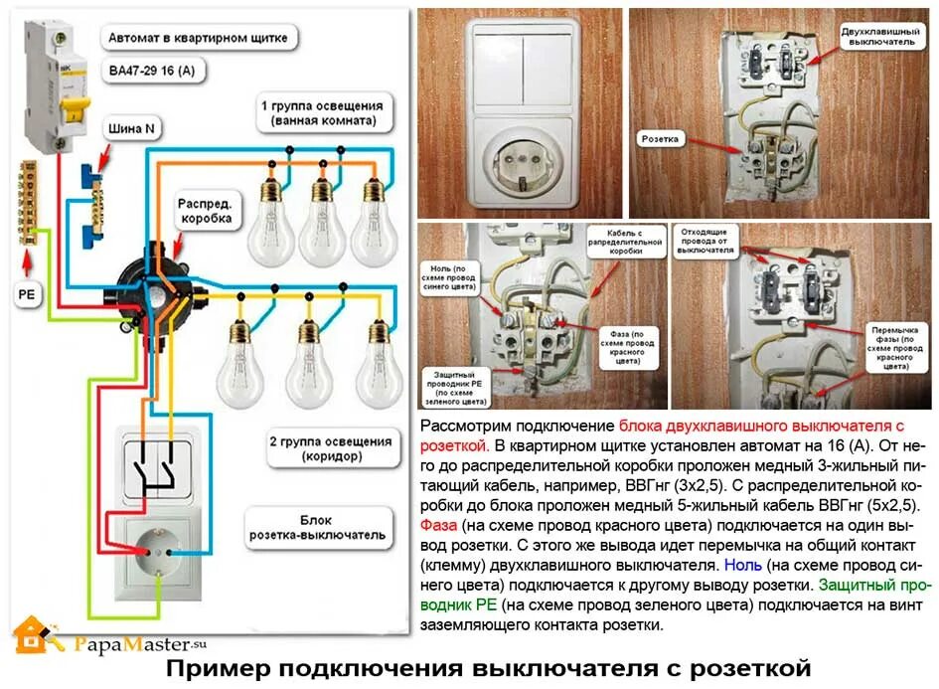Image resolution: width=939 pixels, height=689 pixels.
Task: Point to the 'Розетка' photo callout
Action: point(660,139)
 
